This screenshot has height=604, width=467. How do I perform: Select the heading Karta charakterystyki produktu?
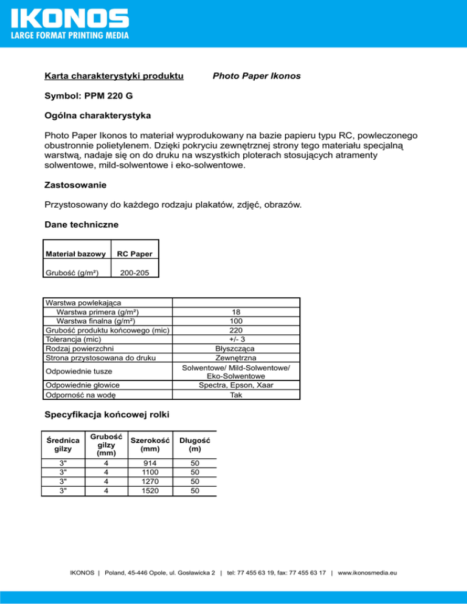114,77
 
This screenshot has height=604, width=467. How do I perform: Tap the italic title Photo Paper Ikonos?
257,77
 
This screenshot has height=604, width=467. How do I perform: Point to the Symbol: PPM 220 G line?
89,96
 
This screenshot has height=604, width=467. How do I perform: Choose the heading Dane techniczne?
81,225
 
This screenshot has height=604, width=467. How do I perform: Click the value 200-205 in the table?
134,273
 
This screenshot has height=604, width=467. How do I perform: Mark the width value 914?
149,463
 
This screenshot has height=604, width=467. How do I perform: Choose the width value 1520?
149,491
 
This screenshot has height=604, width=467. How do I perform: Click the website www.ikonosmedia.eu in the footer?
367,572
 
